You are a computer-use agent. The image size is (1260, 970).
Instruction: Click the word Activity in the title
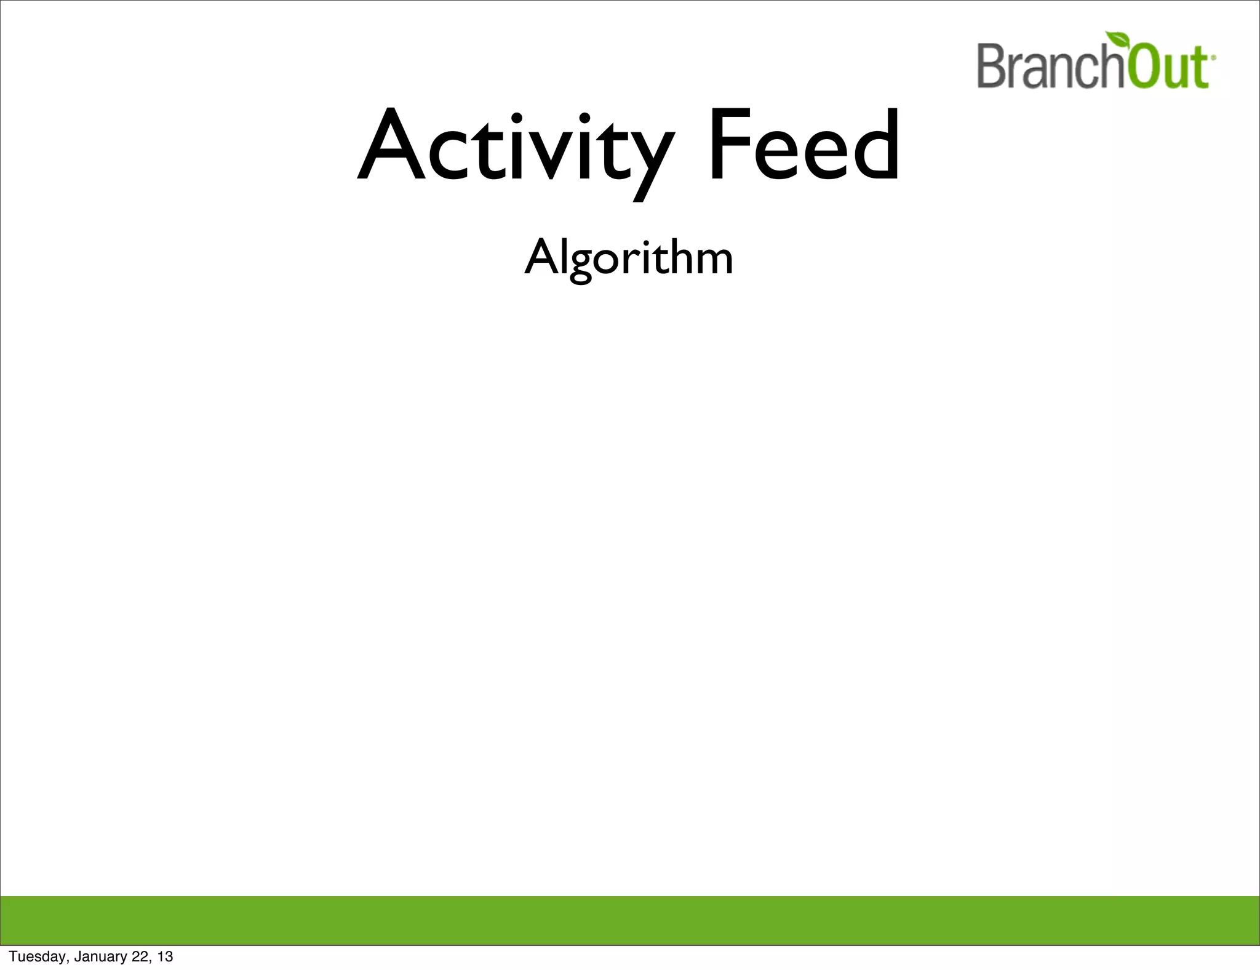click(x=516, y=148)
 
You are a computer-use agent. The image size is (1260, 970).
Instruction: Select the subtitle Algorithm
click(x=629, y=257)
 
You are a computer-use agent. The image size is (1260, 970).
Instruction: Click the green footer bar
click(x=630, y=920)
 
